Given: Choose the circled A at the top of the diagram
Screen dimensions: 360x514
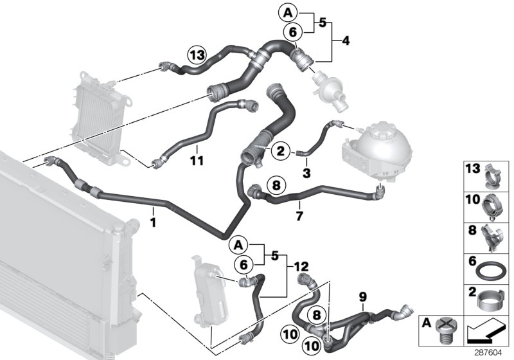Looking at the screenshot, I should (288, 11).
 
